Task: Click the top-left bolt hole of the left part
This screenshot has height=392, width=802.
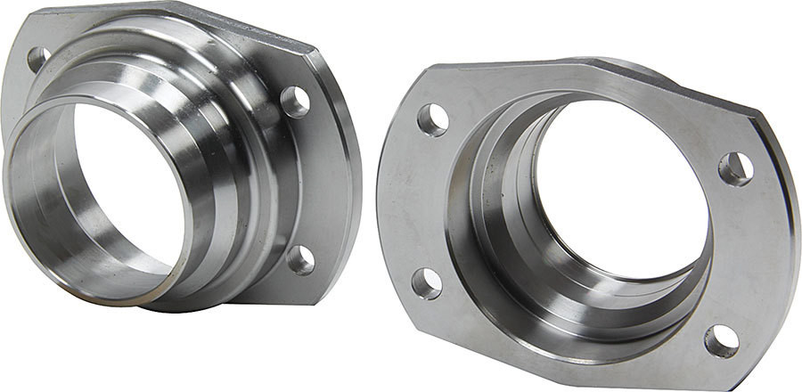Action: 38,60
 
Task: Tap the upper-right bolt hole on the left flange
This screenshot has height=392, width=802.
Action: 294,102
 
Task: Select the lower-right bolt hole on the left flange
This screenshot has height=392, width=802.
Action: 300,259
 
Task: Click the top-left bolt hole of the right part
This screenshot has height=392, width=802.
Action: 431,119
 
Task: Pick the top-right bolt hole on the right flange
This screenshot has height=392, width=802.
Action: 735,168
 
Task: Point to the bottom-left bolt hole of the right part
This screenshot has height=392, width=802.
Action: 426,282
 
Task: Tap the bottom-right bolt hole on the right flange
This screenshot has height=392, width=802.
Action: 721,340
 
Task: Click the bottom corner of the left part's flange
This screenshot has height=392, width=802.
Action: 267,298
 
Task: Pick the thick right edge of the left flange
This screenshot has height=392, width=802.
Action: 348,178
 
